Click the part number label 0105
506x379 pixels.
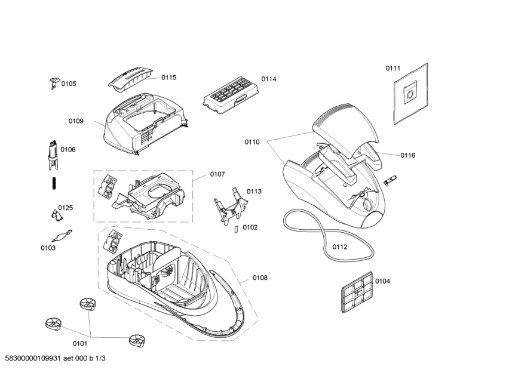(x=69, y=84)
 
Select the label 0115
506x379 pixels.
(x=168, y=78)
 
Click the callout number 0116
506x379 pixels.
(x=407, y=156)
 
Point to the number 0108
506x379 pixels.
(x=260, y=278)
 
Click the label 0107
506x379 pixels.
(x=217, y=174)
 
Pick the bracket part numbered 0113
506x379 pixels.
(x=231, y=207)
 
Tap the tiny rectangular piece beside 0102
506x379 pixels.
(x=235, y=229)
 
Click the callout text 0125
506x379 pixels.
(x=65, y=208)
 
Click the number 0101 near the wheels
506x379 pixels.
(x=79, y=343)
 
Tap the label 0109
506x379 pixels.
(x=76, y=121)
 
